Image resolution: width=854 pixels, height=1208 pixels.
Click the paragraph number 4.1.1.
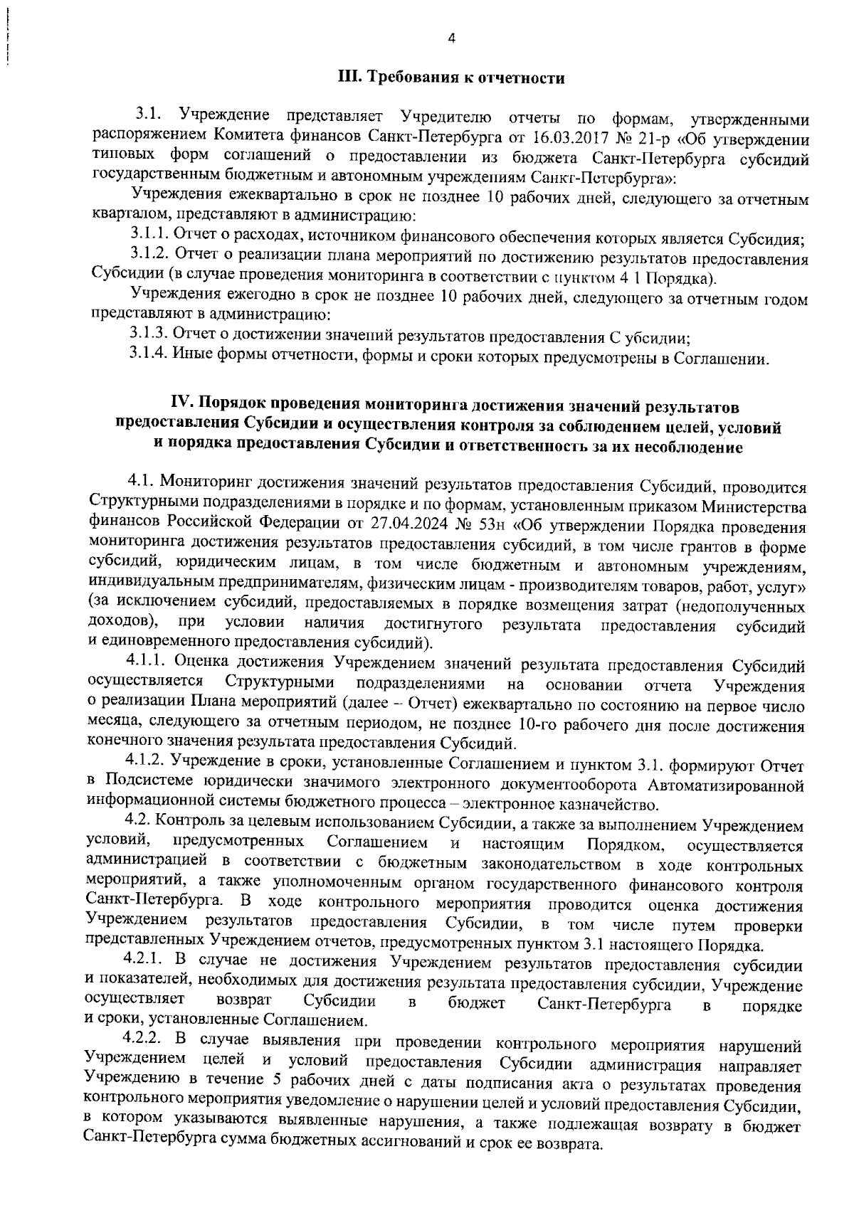coord(147,665)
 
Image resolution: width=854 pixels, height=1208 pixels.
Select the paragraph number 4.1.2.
coord(147,765)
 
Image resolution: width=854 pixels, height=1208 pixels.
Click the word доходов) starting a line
coord(121,624)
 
